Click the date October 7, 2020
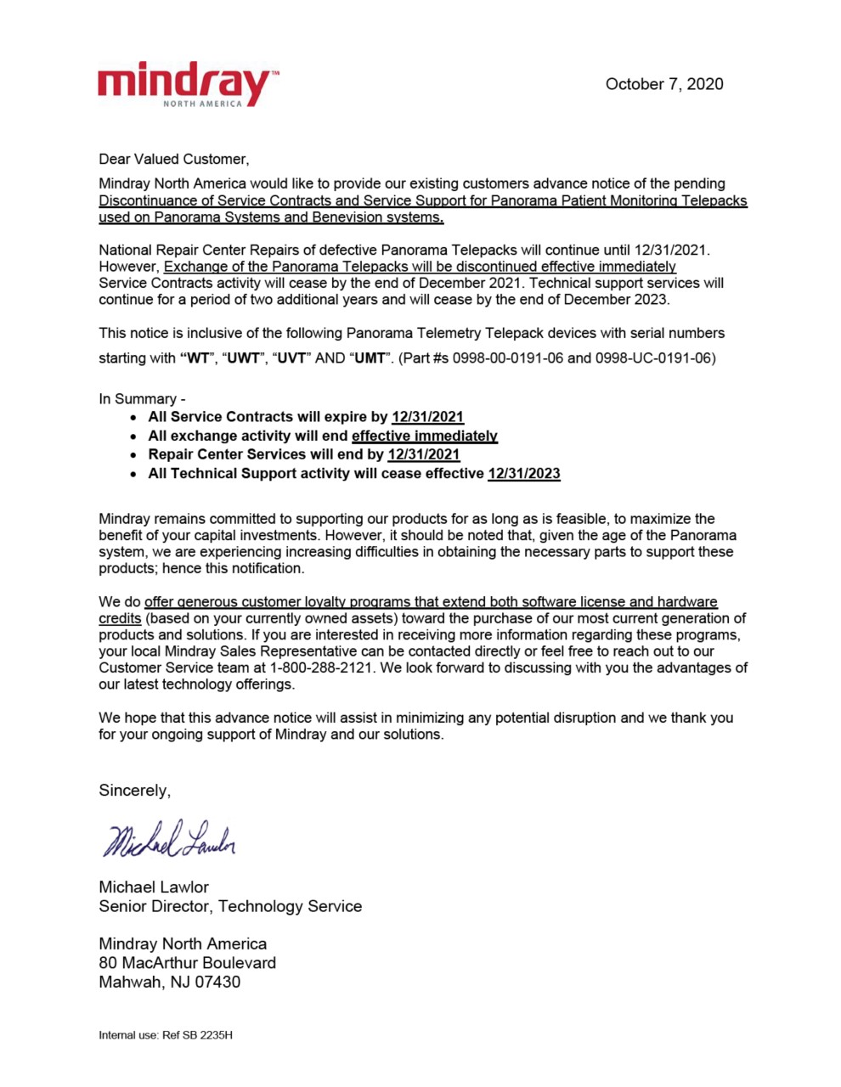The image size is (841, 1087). [663, 84]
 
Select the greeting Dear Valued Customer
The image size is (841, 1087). [174, 159]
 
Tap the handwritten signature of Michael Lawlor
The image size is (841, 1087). [169, 839]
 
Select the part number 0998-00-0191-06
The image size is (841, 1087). [507, 358]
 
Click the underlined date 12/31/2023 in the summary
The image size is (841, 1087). [523, 473]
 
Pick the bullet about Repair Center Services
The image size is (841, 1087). [303, 454]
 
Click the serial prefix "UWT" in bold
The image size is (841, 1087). [244, 358]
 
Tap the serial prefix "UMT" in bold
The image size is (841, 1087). [370, 358]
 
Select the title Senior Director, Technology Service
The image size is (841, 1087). [230, 906]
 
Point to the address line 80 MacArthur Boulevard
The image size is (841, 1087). [187, 963]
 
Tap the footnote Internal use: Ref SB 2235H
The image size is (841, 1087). [166, 1035]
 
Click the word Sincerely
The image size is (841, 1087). [134, 791]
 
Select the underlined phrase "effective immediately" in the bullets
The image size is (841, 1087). [424, 436]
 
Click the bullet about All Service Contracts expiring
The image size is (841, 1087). [305, 417]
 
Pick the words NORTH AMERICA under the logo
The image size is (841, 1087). [202, 104]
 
